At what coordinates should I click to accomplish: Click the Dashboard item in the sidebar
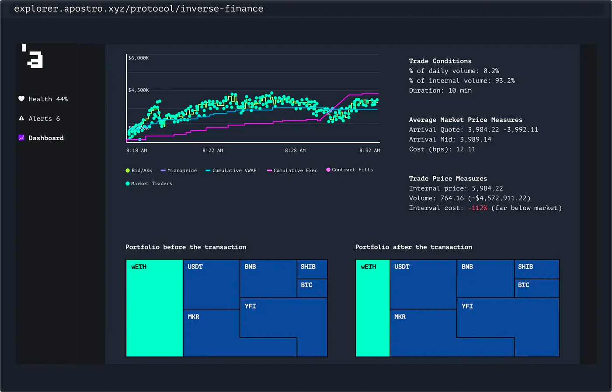46,138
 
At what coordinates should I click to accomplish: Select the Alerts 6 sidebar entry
44,118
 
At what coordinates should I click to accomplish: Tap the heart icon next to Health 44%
21,99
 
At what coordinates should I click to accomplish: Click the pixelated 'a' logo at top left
33,57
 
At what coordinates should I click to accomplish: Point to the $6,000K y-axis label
139,58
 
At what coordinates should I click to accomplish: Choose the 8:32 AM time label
369,150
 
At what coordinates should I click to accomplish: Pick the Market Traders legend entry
151,184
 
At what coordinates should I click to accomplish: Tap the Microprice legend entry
181,170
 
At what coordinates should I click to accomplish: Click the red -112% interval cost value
477,208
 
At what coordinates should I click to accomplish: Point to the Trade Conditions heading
440,61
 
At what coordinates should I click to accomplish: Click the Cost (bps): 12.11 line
442,149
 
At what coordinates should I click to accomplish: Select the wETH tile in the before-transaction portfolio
154,308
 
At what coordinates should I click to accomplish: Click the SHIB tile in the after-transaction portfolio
536,269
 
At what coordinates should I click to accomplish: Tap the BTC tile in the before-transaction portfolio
312,288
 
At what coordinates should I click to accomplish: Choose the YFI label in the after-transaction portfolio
467,306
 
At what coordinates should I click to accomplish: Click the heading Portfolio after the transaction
413,247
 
